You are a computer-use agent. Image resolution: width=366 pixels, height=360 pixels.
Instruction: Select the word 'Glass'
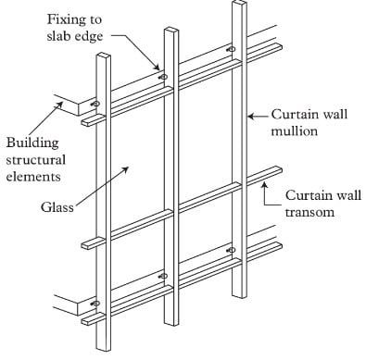[57, 207]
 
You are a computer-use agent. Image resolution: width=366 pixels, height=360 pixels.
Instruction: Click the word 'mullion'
[295, 131]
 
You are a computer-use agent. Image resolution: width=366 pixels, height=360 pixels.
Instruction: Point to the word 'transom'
[309, 213]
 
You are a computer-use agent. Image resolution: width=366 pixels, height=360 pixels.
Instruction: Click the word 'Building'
[32, 143]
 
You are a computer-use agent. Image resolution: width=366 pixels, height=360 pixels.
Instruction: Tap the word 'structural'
[36, 160]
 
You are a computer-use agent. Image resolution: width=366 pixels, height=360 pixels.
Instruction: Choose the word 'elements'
[33, 177]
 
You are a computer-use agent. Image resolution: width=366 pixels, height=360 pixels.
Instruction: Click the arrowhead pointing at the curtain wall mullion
[251, 117]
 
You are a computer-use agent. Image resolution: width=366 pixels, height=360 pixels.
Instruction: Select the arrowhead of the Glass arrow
[126, 169]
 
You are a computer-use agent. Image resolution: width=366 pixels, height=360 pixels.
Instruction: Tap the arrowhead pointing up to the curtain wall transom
[264, 184]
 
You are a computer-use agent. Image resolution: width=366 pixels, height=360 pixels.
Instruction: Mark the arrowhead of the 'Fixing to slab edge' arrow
[157, 67]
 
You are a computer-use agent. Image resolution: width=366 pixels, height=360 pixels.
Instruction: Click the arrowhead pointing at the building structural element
[59, 105]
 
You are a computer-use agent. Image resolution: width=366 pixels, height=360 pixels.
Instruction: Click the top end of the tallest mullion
[239, 3]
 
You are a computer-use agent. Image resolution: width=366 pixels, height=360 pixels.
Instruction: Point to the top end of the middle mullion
[171, 30]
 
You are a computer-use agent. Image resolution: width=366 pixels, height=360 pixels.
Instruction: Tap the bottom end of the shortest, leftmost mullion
[104, 349]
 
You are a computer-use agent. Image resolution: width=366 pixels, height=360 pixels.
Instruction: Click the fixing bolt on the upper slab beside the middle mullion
[163, 77]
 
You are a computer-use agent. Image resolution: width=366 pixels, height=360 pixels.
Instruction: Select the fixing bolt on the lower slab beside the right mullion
[232, 250]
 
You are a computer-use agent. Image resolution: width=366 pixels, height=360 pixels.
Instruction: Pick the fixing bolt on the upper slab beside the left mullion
[95, 104]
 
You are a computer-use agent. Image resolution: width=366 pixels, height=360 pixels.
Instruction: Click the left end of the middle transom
[83, 245]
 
